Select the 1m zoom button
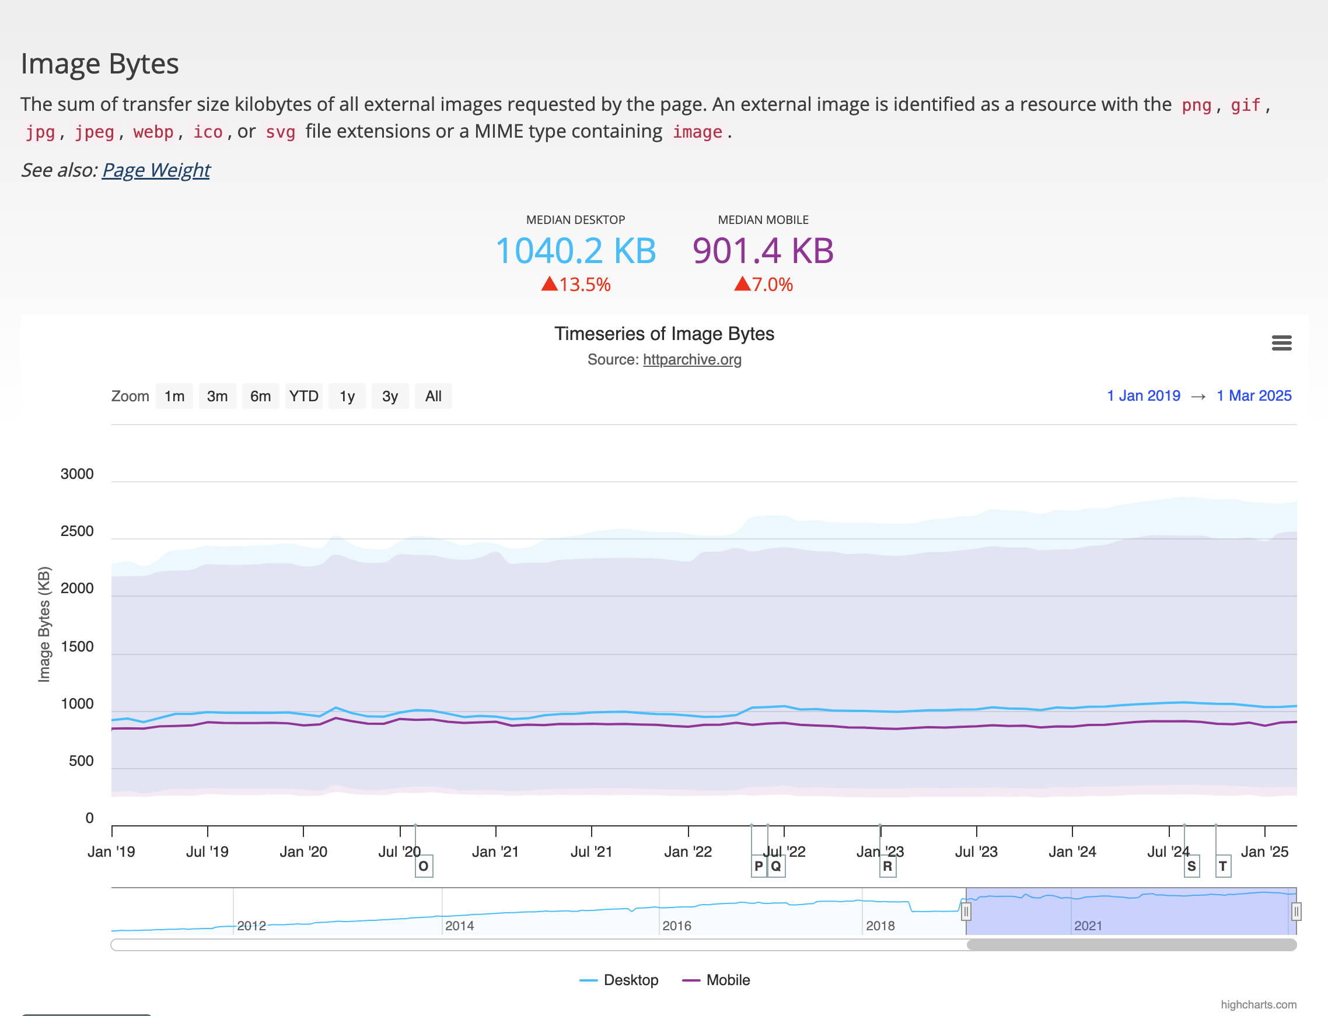click(174, 396)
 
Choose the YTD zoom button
click(304, 396)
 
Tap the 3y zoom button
click(390, 396)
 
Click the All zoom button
click(433, 396)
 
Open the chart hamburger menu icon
click(1281, 343)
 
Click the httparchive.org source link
click(691, 359)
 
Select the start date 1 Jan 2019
click(1144, 395)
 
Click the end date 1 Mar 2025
click(1254, 395)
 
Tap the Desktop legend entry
click(619, 980)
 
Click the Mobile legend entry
click(717, 980)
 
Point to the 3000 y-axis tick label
click(77, 474)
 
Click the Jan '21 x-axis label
click(495, 852)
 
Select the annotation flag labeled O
click(424, 866)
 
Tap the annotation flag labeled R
click(887, 866)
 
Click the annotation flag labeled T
click(1223, 866)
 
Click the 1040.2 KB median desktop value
click(575, 250)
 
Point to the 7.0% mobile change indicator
click(764, 284)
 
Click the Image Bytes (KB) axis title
click(44, 624)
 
